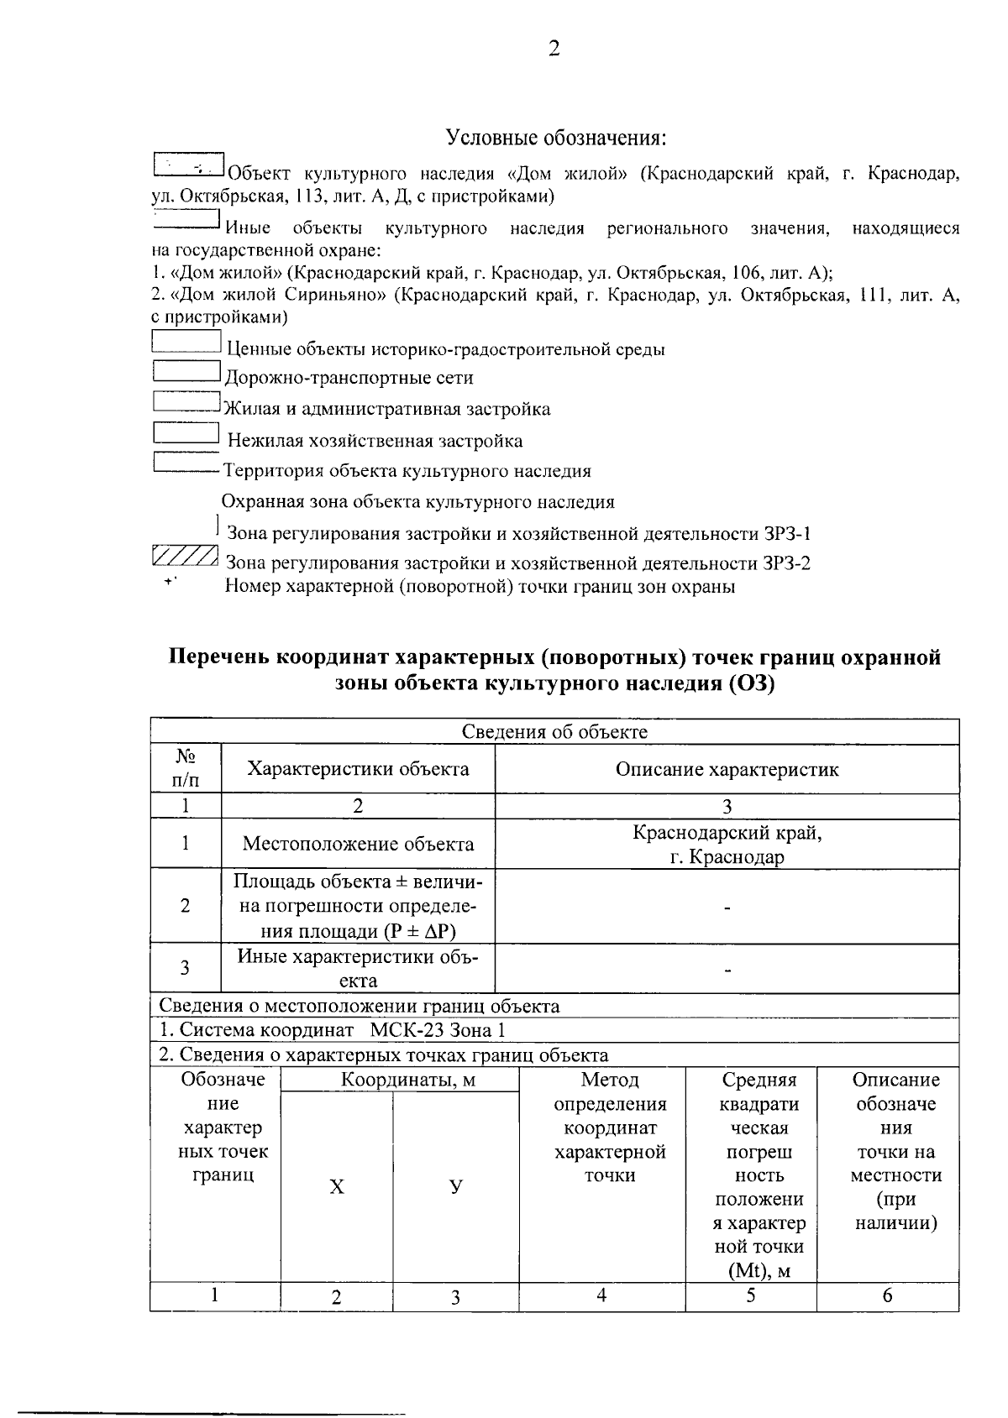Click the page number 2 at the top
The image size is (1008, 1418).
pos(554,49)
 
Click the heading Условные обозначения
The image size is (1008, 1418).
pos(557,137)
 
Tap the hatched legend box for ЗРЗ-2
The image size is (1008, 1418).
pos(186,557)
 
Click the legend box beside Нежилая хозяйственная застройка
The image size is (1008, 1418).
pos(186,433)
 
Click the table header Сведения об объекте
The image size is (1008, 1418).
pos(554,732)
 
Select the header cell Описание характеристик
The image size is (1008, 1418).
pos(727,770)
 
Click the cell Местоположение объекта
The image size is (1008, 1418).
pos(358,845)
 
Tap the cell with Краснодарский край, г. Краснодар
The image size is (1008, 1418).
pos(727,845)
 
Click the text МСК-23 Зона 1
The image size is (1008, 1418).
pos(438,1030)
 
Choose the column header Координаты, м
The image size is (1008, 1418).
pos(408,1081)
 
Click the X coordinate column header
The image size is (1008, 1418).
pos(336,1187)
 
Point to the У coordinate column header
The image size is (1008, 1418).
pos(455,1187)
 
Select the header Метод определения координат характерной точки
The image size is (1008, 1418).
pos(610,1128)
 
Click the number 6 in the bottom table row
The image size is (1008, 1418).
pos(887,1295)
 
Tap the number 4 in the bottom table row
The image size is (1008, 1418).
pos(601,1295)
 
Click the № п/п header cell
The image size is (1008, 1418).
pos(186,770)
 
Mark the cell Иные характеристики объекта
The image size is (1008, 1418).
pos(358,968)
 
